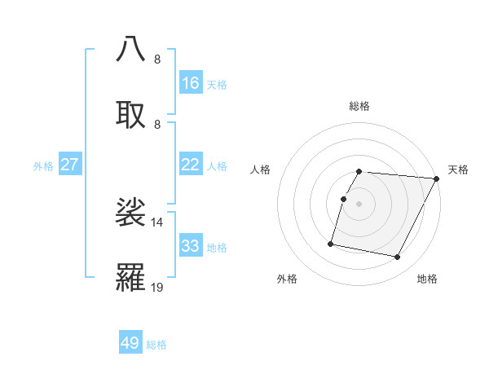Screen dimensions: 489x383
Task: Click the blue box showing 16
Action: pyautogui.click(x=191, y=83)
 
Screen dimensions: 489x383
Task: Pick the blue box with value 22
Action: pyautogui.click(x=191, y=165)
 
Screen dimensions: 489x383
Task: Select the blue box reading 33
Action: pyautogui.click(x=191, y=246)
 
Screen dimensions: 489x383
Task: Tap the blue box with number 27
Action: pyautogui.click(x=69, y=165)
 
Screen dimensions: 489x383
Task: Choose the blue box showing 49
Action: pyautogui.click(x=130, y=343)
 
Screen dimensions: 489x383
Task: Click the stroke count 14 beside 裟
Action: pyautogui.click(x=157, y=222)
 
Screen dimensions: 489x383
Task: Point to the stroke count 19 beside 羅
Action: pyautogui.click(x=157, y=287)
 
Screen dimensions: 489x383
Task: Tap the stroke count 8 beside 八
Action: pyautogui.click(x=157, y=59)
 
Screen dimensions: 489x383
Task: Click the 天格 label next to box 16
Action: pyautogui.click(x=217, y=84)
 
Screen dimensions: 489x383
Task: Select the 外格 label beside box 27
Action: pyautogui.click(x=43, y=165)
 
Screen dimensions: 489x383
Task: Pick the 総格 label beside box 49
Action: pyautogui.click(x=156, y=345)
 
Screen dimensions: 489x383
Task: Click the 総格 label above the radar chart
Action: pyautogui.click(x=359, y=106)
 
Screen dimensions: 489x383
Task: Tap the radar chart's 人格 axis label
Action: pyautogui.click(x=261, y=169)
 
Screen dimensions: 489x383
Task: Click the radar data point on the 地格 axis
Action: pyautogui.click(x=398, y=258)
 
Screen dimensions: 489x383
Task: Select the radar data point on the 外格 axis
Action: pyautogui.click(x=331, y=243)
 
